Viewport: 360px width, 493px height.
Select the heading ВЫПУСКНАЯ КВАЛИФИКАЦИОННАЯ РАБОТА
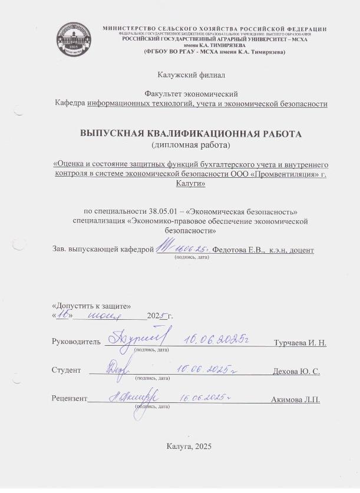191,134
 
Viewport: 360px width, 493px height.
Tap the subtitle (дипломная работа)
191,144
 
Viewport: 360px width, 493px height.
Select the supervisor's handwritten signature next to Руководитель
137,338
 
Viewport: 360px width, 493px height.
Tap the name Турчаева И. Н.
300,343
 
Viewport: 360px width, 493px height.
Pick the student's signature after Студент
116,369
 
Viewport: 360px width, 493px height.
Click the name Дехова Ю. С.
296,372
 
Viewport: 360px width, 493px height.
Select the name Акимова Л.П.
295,401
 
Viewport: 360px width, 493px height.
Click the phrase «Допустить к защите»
91,306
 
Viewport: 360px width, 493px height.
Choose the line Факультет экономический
191,94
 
